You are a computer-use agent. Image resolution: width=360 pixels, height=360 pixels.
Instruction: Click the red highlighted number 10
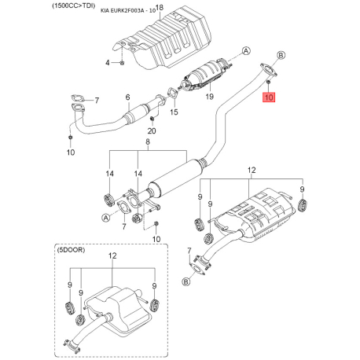(x=269, y=98)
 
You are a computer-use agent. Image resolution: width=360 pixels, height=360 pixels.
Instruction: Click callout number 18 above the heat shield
(x=160, y=8)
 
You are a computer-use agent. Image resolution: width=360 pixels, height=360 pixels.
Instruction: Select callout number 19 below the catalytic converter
(x=209, y=97)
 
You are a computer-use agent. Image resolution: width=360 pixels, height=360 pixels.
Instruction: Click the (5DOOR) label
(x=70, y=250)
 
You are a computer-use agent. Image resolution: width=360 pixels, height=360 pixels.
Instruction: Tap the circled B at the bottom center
(x=186, y=281)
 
